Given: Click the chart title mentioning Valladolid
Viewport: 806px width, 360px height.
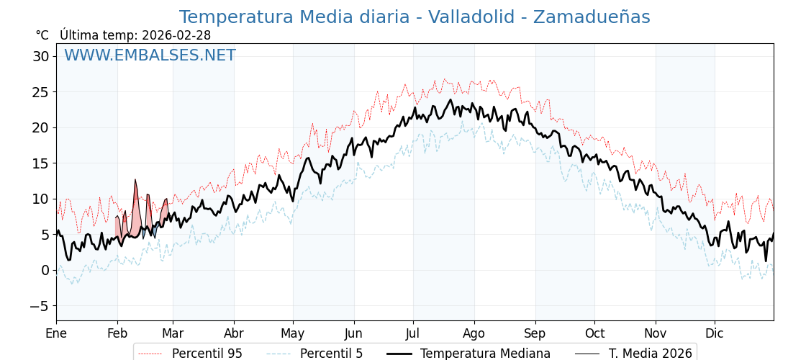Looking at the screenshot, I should coord(414,17).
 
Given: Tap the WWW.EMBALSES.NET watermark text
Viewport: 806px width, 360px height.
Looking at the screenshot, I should coord(150,55).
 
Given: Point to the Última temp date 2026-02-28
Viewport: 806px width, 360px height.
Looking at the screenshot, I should coord(176,35).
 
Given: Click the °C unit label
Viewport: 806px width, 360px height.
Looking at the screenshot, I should coord(42,35).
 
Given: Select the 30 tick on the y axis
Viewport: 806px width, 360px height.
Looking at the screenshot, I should coord(41,56).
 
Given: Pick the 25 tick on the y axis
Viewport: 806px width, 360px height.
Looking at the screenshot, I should coord(41,92).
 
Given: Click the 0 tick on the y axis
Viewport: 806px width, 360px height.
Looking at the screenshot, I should coord(45,270).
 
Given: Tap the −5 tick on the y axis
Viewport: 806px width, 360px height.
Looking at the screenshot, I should coord(40,306).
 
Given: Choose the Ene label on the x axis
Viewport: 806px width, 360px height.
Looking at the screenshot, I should coord(56,333).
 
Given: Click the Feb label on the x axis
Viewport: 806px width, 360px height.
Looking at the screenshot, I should coord(117,333).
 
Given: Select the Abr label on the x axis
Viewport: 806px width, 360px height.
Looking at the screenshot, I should coord(234,333).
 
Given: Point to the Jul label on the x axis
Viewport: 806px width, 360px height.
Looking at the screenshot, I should coord(413,333).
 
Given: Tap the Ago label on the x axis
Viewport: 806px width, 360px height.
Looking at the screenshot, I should coord(474,333).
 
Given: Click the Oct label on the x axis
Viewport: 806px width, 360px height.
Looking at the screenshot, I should coord(594,333).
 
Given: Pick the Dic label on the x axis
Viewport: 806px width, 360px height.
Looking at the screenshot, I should coord(715,333).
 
